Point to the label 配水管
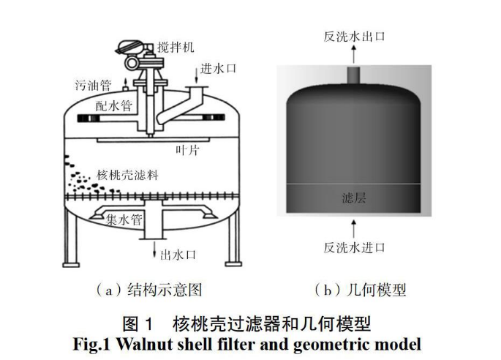pos(114,105)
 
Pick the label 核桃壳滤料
pos(128,176)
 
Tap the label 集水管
pos(123,218)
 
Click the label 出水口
pos(178,255)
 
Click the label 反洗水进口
pos(355,248)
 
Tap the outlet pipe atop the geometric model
pos(354,76)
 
